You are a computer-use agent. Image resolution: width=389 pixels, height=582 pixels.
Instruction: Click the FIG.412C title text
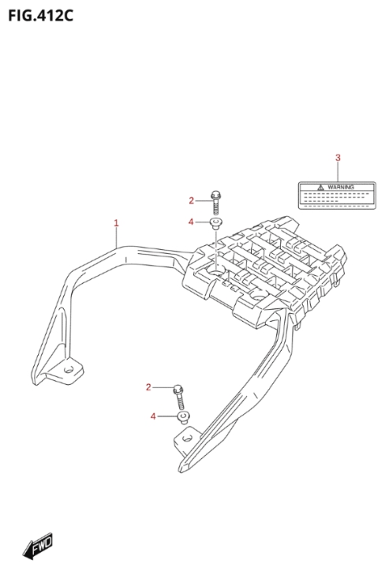pos(41,16)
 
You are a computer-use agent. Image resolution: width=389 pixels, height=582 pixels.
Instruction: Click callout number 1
pos(116,223)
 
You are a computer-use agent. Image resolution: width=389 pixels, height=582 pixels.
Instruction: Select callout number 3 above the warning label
pos(338,158)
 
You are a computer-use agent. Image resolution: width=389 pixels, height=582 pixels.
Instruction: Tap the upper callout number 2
pos(191,201)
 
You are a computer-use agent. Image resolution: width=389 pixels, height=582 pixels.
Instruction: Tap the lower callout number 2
pos(148,387)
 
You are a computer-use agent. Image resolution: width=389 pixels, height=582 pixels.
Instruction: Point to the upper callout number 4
pos(191,222)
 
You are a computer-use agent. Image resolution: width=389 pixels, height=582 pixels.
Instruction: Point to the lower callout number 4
pos(153,416)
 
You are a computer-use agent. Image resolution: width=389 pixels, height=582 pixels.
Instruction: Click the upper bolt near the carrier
pos(215,203)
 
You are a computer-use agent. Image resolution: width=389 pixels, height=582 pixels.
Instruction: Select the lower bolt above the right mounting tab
pos(179,397)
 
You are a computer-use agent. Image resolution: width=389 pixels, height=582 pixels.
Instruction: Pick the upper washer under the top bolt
pos(216,223)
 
